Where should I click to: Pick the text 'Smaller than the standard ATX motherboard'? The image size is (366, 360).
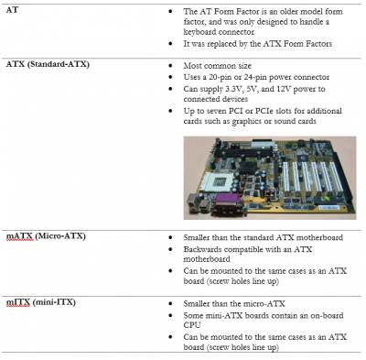pos(253,237)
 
